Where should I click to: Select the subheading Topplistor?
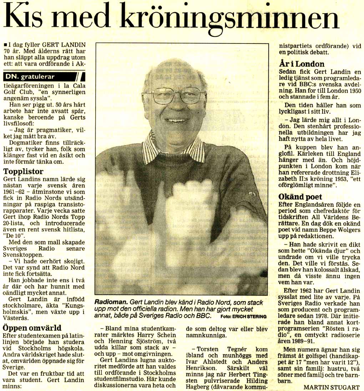pyautogui.click(x=23, y=171)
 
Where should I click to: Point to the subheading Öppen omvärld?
pyautogui.click(x=32, y=328)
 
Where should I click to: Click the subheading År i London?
pyautogui.click(x=302, y=64)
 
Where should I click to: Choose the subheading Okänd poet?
pyautogui.click(x=300, y=197)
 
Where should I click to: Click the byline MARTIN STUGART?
pyautogui.click(x=331, y=387)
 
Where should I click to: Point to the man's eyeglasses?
pyautogui.click(x=174, y=96)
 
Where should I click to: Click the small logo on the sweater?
pyautogui.click(x=253, y=194)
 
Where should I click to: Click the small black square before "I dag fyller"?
pyautogui.click(x=4, y=45)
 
